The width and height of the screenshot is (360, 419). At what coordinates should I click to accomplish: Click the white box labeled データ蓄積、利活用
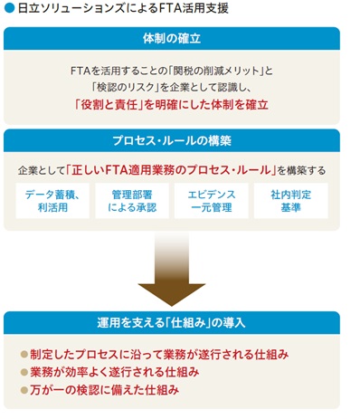pyautogui.click(x=52, y=201)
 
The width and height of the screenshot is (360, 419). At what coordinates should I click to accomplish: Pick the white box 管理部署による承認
pyautogui.click(x=133, y=201)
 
